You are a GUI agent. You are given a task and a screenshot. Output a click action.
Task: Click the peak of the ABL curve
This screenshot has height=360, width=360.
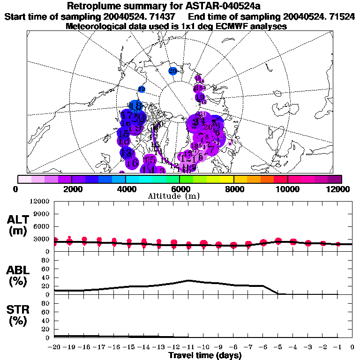pos(188,280)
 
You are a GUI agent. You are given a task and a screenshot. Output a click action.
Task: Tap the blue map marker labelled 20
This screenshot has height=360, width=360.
pos(172,71)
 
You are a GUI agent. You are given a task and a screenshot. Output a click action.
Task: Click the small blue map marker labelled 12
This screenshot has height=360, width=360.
pos(141,89)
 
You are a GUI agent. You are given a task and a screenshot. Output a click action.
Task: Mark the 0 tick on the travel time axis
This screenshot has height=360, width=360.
pos(352,347)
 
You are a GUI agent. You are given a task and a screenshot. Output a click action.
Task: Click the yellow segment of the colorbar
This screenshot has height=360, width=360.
pos(227,179)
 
